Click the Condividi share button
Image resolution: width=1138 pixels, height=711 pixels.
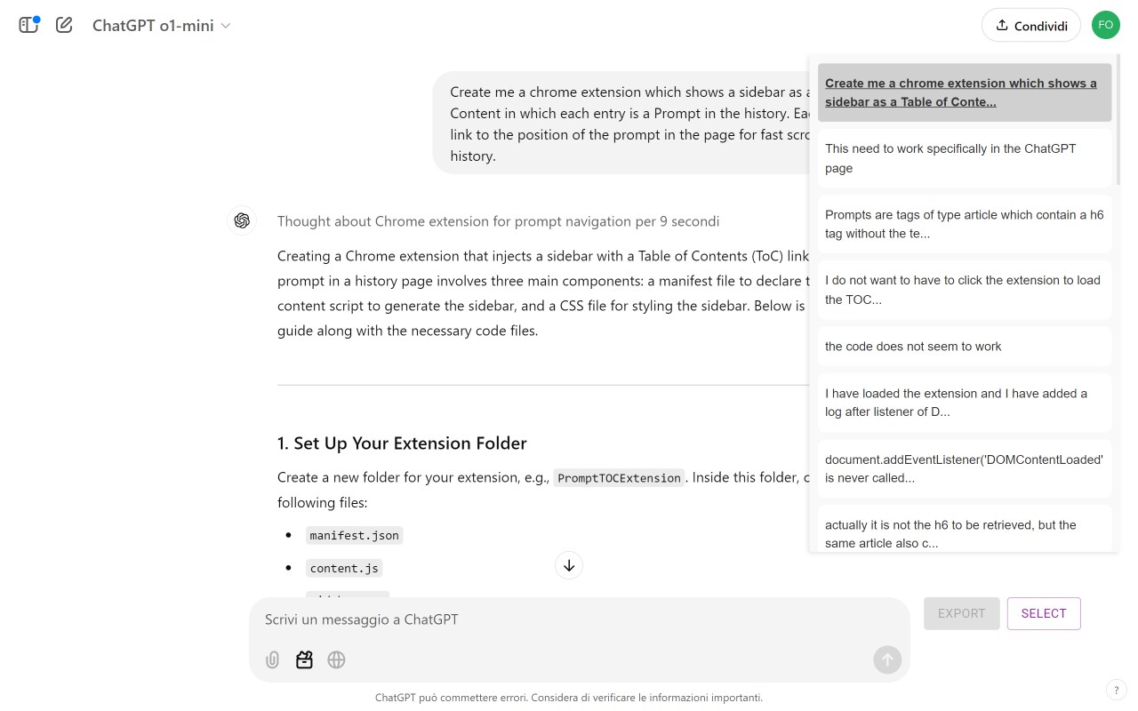click(x=1030, y=25)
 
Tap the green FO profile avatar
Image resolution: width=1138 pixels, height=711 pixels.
click(x=1106, y=25)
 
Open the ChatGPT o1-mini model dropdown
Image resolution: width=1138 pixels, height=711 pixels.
click(x=162, y=26)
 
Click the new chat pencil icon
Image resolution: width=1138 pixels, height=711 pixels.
click(x=64, y=25)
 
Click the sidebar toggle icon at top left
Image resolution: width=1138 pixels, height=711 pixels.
click(x=29, y=25)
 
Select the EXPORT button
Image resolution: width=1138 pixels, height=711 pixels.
click(x=961, y=613)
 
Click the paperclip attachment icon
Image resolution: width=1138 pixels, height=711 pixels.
click(x=273, y=659)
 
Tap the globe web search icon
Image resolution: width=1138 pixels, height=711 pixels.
click(x=336, y=659)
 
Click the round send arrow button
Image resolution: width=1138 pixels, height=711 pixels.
click(x=886, y=659)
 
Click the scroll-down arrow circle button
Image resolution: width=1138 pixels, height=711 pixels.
click(x=569, y=565)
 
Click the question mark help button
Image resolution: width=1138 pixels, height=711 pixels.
click(x=1116, y=691)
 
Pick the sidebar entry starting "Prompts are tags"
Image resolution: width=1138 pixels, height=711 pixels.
click(x=964, y=224)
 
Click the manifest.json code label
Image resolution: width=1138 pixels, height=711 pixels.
click(x=354, y=535)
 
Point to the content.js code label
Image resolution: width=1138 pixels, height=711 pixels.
click(x=344, y=568)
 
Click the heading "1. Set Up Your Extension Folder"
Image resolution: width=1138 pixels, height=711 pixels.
click(x=402, y=443)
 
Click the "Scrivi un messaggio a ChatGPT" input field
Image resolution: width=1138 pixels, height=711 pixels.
click(x=569, y=619)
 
